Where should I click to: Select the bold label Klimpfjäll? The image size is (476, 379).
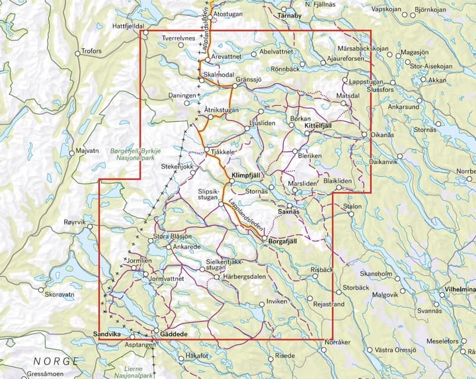(248, 175)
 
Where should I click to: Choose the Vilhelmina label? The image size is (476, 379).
(460, 290)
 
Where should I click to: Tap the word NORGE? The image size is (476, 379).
(56, 361)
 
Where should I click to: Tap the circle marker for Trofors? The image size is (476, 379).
(77, 52)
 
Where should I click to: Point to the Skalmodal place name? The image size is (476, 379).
(221, 75)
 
